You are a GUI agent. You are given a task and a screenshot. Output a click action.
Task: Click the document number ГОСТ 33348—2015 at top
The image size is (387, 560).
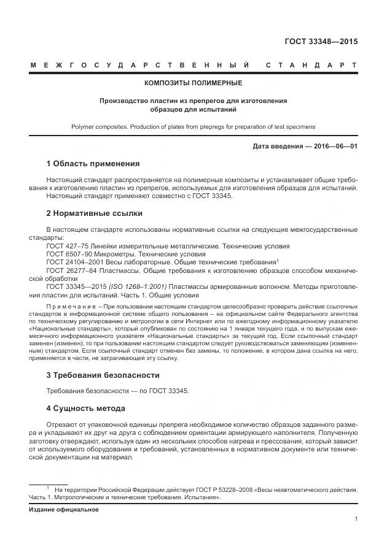tap(321, 42)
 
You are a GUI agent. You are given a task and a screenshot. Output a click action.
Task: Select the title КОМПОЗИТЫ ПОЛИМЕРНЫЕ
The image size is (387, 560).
tap(193, 82)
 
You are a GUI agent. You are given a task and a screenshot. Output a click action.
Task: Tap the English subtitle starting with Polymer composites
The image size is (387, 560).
tap(193, 126)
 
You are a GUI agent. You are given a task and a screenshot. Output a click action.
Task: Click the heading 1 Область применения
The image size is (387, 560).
tap(93, 164)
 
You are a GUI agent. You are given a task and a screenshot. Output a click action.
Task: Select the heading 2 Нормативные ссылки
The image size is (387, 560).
tap(95, 213)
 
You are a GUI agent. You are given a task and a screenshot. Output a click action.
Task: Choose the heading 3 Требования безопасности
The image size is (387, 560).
tap(103, 375)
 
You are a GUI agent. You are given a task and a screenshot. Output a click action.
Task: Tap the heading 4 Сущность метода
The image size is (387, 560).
tap(86, 408)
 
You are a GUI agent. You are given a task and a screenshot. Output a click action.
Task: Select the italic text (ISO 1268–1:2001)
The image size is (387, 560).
tap(139, 286)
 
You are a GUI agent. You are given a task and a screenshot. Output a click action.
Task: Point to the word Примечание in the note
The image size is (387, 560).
tap(72, 305)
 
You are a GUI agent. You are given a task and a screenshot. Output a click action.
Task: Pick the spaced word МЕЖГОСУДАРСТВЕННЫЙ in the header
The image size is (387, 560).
tap(139, 64)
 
